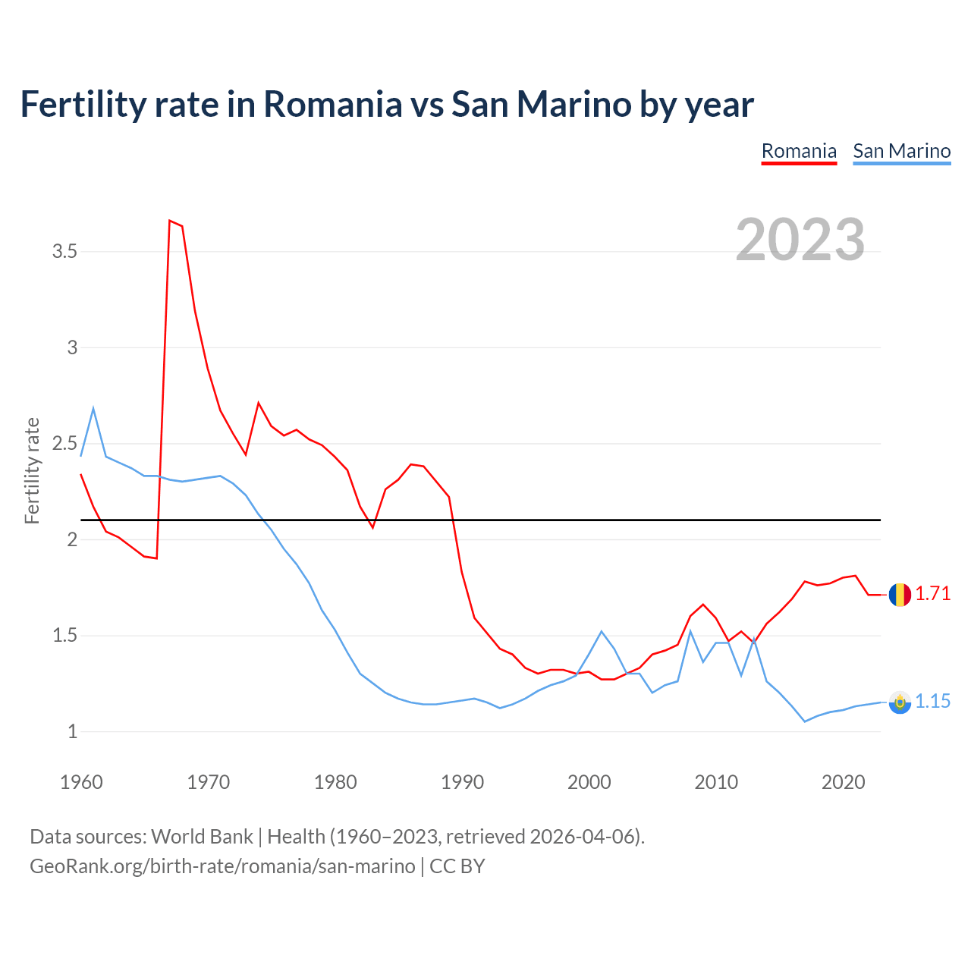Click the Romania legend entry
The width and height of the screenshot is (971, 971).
pos(799,151)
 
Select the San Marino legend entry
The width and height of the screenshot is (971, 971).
pos(901,151)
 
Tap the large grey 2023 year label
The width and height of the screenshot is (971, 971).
pos(800,240)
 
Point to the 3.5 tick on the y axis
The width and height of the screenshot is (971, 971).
pos(64,251)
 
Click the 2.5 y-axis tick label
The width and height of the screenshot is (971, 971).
pos(64,443)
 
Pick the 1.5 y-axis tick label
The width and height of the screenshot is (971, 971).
pos(64,635)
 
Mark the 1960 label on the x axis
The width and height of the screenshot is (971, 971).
pos(81,782)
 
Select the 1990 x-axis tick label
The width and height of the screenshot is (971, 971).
pos(462,782)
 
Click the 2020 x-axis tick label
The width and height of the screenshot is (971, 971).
pos(843,782)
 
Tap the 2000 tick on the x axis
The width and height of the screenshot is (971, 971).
pos(589,782)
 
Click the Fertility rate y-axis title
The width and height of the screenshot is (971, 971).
pos(32,470)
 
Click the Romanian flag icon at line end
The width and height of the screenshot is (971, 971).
pos(900,595)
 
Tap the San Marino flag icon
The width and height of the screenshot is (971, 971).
pos(900,702)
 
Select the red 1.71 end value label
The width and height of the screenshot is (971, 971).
pos(932,593)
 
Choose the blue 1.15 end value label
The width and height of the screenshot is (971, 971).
pos(932,702)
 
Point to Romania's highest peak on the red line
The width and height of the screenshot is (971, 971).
pos(170,221)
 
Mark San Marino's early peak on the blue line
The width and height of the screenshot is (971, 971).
pos(93,409)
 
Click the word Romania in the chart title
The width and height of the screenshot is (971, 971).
pos(332,104)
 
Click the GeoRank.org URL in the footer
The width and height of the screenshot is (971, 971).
pos(222,866)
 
